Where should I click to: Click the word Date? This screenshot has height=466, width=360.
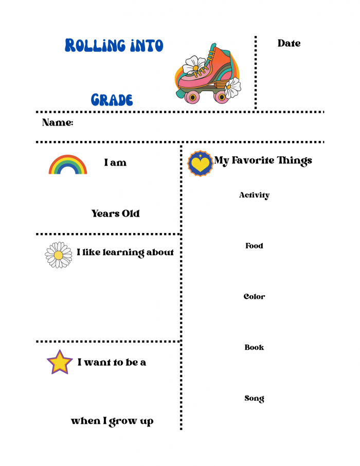tap(289, 44)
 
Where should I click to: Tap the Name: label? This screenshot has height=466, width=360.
tap(58, 123)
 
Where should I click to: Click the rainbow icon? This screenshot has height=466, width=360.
tap(68, 165)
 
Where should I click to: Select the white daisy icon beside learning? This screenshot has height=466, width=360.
tap(59, 255)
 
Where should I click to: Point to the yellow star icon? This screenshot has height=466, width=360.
tap(60, 362)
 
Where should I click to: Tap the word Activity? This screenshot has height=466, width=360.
tap(254, 195)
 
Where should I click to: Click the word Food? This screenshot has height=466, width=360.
tap(254, 246)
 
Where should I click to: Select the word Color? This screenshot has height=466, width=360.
tap(254, 297)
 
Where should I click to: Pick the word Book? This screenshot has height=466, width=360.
tap(254, 348)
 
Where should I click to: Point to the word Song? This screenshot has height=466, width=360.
tap(254, 399)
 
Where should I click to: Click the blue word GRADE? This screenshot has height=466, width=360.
tap(112, 100)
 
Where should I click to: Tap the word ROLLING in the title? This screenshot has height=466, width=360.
tap(96, 46)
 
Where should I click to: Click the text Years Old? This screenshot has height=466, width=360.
tap(116, 213)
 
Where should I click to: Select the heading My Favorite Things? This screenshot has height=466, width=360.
tap(263, 160)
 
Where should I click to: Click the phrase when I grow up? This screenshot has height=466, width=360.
tap(112, 421)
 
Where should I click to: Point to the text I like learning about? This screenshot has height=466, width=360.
tap(125, 253)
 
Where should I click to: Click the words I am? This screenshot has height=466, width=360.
tap(115, 163)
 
